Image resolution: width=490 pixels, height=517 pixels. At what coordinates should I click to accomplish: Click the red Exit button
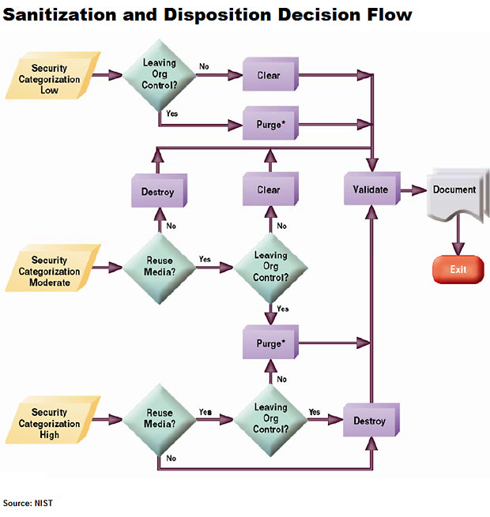coord(458,270)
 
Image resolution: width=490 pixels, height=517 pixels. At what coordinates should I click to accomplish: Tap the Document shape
coord(454,193)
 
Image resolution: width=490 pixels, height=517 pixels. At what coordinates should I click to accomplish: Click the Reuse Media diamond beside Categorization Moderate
coord(160,267)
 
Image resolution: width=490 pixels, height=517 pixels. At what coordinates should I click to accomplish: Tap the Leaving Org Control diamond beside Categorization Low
coord(160,75)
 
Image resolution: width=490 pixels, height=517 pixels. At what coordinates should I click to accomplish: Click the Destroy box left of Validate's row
coord(158,191)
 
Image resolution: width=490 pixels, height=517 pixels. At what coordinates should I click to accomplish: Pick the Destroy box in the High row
coord(370,421)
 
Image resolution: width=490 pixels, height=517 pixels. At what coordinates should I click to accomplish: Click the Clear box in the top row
coord(269,76)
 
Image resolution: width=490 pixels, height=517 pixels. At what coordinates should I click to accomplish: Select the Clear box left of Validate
coord(269,190)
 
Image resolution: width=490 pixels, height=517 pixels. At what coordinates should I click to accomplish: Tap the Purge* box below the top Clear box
coord(269,124)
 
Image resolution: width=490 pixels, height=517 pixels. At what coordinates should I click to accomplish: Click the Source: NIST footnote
coord(28,503)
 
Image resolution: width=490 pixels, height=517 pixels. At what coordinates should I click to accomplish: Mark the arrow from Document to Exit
coord(456,238)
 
